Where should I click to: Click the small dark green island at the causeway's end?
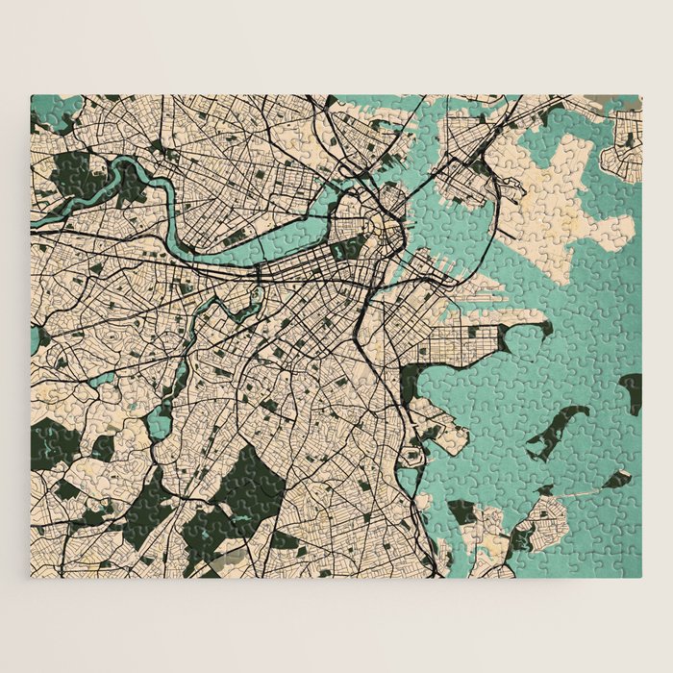click(x=615, y=479)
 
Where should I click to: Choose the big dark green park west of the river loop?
click(x=72, y=173)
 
